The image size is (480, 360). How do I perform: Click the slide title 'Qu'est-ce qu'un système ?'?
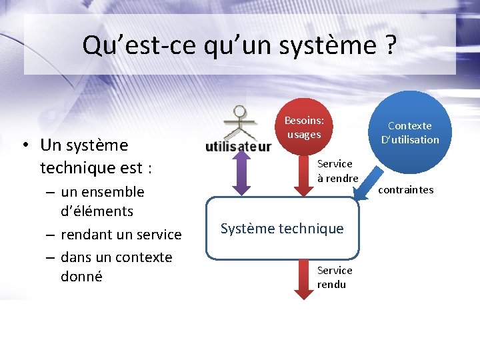[x=239, y=45]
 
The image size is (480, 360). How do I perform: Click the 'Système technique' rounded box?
[x=282, y=229]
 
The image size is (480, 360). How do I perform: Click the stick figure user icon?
[x=238, y=121]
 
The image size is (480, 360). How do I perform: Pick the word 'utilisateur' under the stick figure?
[x=238, y=146]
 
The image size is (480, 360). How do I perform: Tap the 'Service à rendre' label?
[x=337, y=171]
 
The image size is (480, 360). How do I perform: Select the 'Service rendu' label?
[x=335, y=277]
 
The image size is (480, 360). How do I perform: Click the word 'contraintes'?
[x=405, y=190]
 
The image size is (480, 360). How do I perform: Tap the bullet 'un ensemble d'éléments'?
[x=103, y=201]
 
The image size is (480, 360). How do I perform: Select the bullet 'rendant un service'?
[x=121, y=234]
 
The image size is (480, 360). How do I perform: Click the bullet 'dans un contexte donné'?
[x=116, y=266]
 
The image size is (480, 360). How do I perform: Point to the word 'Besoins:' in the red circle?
[x=304, y=121]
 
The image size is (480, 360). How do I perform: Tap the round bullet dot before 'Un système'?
[x=23, y=145]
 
